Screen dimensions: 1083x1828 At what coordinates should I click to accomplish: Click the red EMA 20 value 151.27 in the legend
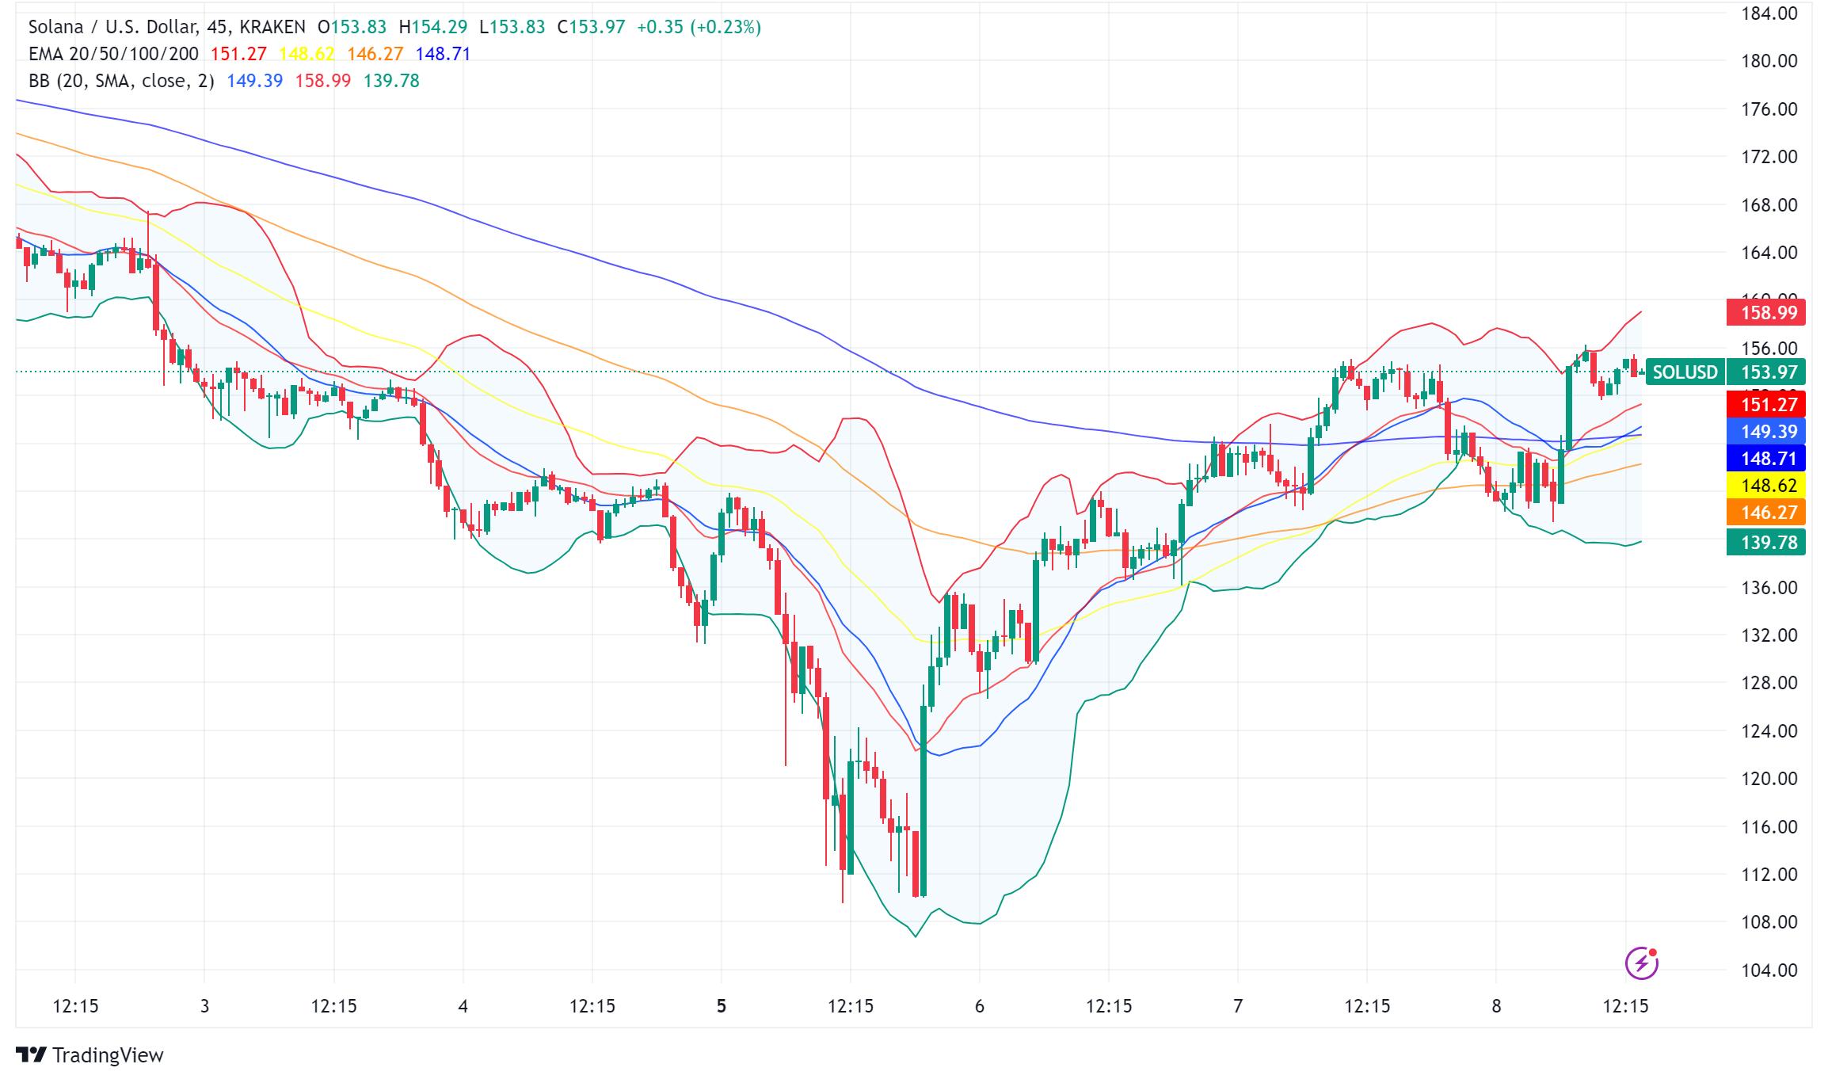point(238,54)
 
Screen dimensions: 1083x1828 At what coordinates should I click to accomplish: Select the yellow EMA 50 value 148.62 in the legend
point(307,54)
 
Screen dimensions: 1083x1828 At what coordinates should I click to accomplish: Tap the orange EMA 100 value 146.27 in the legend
point(375,54)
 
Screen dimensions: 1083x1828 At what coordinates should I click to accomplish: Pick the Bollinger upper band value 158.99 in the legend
point(322,81)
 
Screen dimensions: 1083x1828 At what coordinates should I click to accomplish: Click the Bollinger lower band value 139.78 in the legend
point(391,81)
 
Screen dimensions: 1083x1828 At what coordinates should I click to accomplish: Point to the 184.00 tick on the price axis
point(1769,13)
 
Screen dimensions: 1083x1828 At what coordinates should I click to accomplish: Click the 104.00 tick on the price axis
point(1769,970)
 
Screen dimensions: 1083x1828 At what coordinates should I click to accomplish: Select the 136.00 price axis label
point(1769,587)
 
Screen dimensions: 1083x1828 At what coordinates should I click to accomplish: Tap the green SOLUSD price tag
point(1685,372)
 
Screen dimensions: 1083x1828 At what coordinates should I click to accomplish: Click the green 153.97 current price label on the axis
point(1765,372)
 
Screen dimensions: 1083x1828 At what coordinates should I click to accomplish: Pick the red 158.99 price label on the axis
point(1765,312)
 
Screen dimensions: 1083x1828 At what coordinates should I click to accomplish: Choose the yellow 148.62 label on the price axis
point(1765,485)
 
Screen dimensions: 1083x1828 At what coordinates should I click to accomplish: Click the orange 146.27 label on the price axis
point(1765,512)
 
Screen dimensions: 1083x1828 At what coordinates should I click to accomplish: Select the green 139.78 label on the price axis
point(1765,542)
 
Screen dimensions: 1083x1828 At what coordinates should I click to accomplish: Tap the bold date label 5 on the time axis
point(721,1006)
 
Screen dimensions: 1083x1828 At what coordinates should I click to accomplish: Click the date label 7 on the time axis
point(1238,1006)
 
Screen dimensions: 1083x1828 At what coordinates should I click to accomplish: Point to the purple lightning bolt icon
point(1641,963)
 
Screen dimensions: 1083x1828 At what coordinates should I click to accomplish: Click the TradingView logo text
point(108,1055)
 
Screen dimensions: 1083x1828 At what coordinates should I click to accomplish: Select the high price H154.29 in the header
point(433,27)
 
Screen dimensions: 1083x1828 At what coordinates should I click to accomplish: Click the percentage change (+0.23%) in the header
point(725,27)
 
